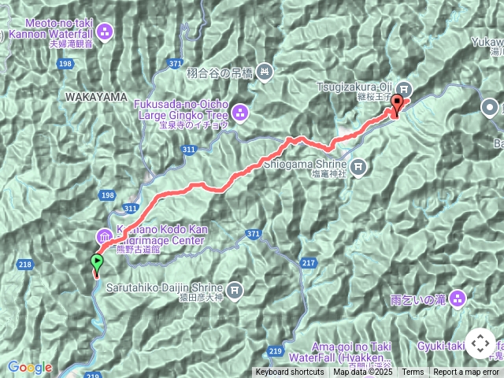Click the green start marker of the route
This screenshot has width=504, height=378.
97,263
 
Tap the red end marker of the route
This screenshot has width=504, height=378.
397,103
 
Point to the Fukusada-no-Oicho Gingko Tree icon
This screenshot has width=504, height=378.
239,110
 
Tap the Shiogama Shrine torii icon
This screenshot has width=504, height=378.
359,165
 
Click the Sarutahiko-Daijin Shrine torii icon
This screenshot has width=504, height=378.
235,290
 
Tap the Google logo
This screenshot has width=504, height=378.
29,367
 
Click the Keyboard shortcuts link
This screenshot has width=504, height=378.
289,372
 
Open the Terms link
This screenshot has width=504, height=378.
413,372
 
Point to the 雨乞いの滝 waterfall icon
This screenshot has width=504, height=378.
458,298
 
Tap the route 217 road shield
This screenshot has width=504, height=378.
308,262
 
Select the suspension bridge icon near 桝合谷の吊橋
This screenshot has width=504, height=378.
265,72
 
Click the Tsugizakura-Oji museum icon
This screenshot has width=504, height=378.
404,88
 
